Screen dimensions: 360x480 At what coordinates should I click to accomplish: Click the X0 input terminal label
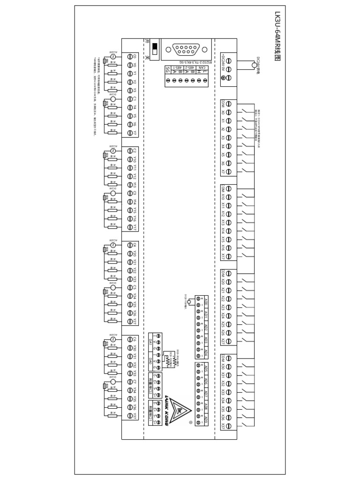pyautogui.click(x=222, y=112)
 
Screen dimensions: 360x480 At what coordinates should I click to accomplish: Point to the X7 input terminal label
pyautogui.click(x=222, y=171)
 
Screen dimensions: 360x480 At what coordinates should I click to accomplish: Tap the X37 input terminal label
pyautogui.click(x=222, y=426)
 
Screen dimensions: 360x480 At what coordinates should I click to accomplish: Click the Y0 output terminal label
pyautogui.click(x=134, y=66)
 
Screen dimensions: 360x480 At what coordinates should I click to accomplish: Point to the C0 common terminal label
pyautogui.click(x=134, y=57)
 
